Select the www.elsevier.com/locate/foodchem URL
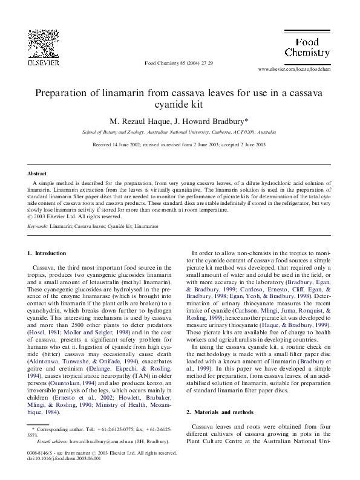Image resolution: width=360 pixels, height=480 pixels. click(x=294, y=70)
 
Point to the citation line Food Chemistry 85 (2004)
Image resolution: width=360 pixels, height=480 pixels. click(x=179, y=62)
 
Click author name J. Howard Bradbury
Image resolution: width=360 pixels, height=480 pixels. click(x=203, y=120)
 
